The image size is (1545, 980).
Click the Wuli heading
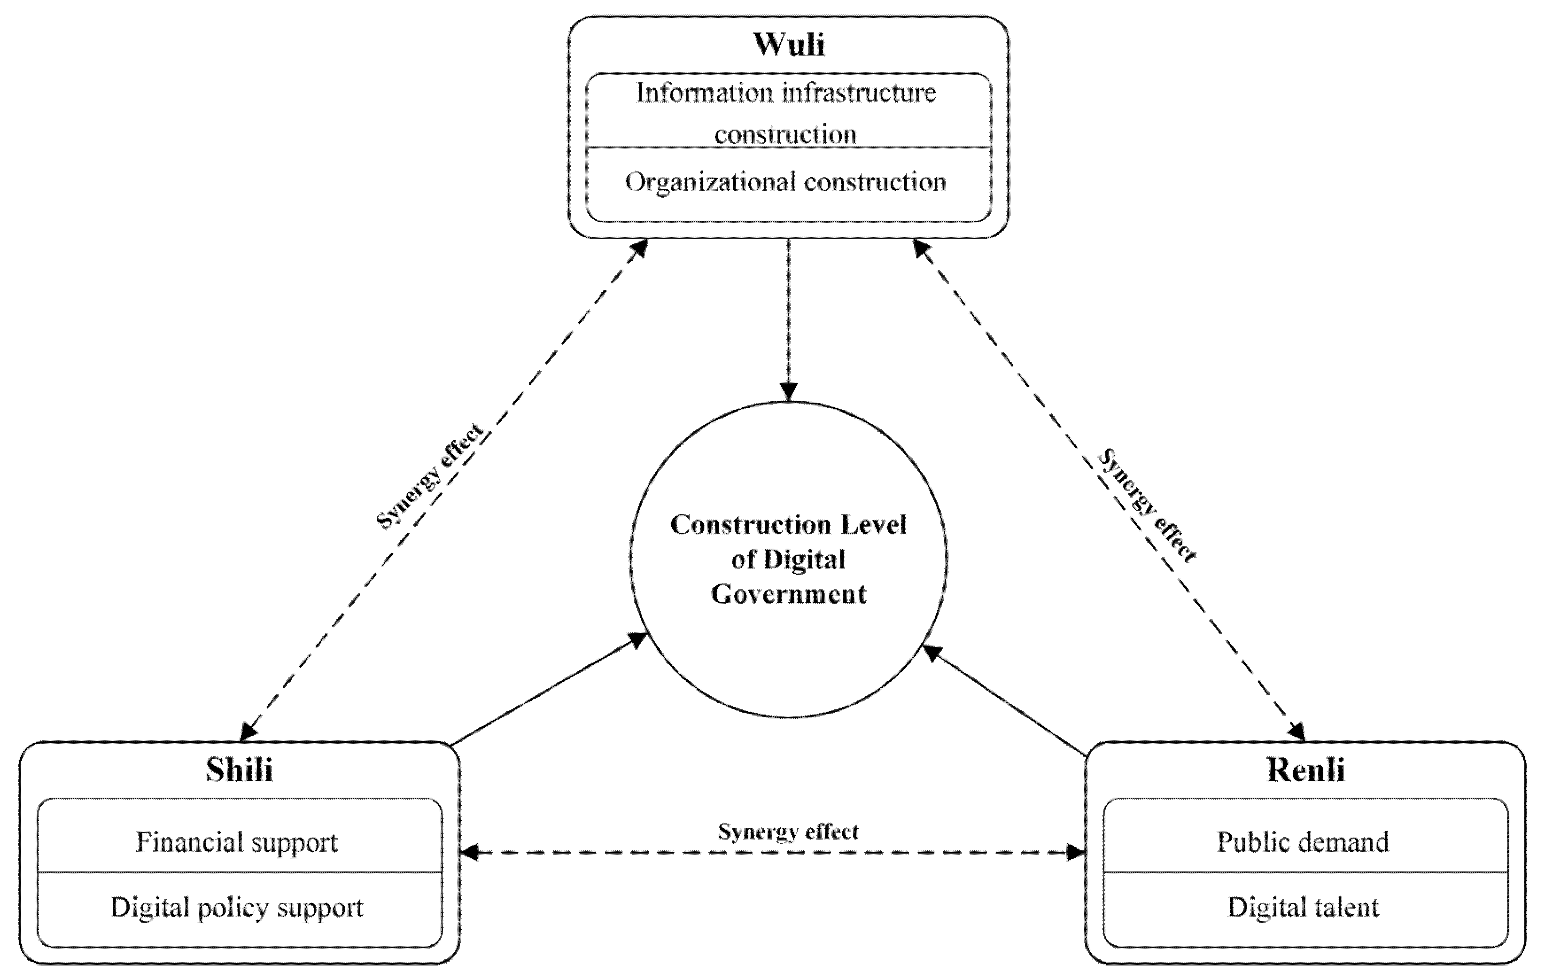789,45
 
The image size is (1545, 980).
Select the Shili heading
239,770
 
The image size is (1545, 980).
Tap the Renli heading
1306,770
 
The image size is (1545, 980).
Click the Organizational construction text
785,182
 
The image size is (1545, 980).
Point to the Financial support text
237,842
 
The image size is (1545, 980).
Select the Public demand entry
1303,842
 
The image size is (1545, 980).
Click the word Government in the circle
789,594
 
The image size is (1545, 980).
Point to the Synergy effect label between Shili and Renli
789,832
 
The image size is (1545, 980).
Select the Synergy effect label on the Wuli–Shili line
428,476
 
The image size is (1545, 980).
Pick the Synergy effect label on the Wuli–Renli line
1147,506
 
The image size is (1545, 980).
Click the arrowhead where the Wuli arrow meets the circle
789,391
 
